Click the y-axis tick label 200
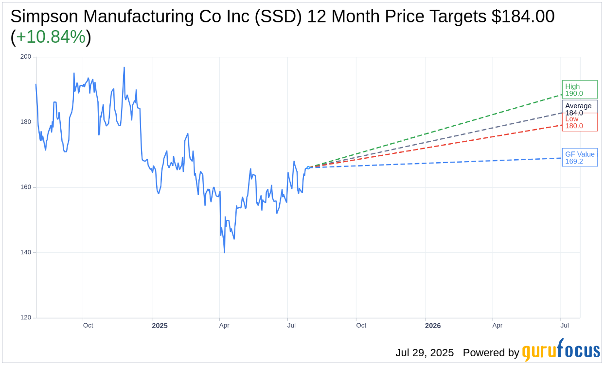coord(25,57)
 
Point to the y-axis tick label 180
coord(25,122)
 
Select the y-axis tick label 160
coord(25,187)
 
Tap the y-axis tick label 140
coord(25,252)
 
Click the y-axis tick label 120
coord(25,317)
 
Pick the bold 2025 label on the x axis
coord(160,326)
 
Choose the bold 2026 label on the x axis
coord(432,326)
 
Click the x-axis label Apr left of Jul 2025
coord(224,325)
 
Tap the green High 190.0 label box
coord(579,90)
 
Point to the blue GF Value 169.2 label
coord(579,158)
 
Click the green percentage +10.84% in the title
coord(51,37)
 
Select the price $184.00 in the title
coord(523,17)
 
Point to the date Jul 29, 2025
coord(424,353)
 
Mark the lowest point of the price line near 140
coord(224,252)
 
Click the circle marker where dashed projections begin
coord(308,167)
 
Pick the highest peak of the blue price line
coord(124,67)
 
